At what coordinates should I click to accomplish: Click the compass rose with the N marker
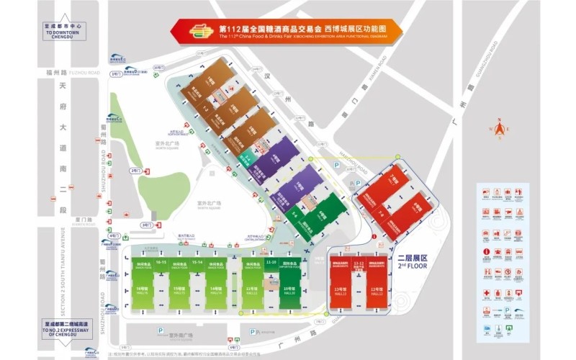pyautogui.click(x=498, y=128)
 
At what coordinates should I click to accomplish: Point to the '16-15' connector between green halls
pyautogui.click(x=161, y=263)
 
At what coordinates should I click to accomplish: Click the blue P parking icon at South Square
pyautogui.click(x=160, y=331)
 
